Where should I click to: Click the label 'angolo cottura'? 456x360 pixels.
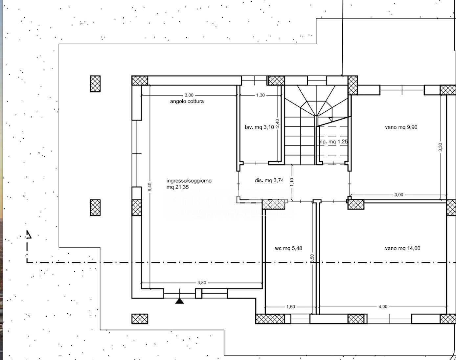pyautogui.click(x=187, y=101)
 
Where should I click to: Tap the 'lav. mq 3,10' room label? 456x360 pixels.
pyautogui.click(x=259, y=127)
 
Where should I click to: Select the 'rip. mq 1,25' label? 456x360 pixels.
pyautogui.click(x=333, y=142)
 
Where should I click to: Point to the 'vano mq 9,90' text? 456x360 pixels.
pyautogui.click(x=401, y=127)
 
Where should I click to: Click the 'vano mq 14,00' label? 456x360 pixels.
pyautogui.click(x=402, y=248)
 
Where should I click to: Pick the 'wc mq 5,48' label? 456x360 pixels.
pyautogui.click(x=288, y=248)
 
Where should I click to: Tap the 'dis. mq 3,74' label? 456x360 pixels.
pyautogui.click(x=269, y=180)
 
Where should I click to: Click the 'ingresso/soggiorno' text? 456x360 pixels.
pyautogui.click(x=189, y=181)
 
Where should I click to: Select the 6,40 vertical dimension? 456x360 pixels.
pyautogui.click(x=149, y=187)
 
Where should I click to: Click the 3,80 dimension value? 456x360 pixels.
pyautogui.click(x=202, y=282)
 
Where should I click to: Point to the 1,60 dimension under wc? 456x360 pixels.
pyautogui.click(x=290, y=306)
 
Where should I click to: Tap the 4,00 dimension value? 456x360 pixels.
pyautogui.click(x=383, y=306)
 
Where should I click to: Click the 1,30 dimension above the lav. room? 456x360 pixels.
pyautogui.click(x=261, y=95)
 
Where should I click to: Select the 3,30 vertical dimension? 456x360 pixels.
pyautogui.click(x=440, y=147)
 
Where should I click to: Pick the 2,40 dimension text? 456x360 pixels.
pyautogui.click(x=278, y=123)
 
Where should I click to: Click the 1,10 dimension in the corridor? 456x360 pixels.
pyautogui.click(x=292, y=182)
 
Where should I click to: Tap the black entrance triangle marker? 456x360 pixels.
pyautogui.click(x=179, y=301)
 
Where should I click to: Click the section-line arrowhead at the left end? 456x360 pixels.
pyautogui.click(x=29, y=234)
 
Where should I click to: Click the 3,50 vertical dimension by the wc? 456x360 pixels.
pyautogui.click(x=312, y=259)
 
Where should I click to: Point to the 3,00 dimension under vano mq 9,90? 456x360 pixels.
pyautogui.click(x=399, y=195)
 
